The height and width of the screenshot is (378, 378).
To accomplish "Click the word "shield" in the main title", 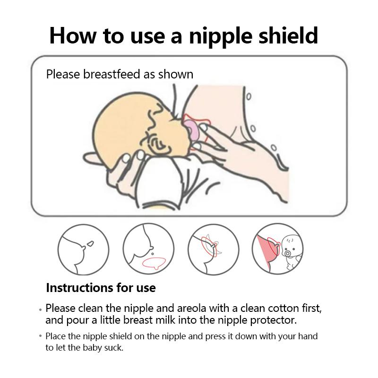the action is click(x=288, y=35).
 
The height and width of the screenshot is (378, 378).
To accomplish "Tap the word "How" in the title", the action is click(x=73, y=36).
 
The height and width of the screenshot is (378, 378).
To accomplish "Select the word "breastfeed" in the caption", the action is click(x=112, y=74).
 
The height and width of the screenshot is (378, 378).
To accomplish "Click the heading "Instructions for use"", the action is click(x=101, y=288).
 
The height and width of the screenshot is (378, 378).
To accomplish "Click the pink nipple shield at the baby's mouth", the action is click(x=190, y=128).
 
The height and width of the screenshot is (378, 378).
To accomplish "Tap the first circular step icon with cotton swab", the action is click(x=84, y=249).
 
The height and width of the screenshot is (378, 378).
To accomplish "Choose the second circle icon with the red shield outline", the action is click(x=148, y=249).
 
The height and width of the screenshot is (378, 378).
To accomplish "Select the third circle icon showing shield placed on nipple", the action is click(x=214, y=249).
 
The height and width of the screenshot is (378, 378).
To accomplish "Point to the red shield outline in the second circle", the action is click(x=155, y=263).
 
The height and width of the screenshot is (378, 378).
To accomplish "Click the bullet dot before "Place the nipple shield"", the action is click(x=41, y=336).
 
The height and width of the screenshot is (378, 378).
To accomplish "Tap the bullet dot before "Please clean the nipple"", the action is click(x=41, y=309).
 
